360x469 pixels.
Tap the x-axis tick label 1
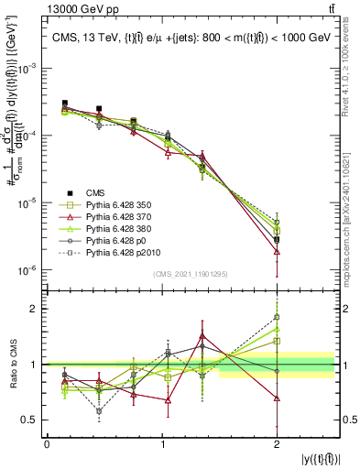[162, 444]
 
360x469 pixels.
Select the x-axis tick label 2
[277, 444]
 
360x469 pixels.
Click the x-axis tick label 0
[47, 444]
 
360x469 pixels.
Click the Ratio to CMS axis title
[13, 365]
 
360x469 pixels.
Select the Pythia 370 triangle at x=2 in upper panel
[277, 251]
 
